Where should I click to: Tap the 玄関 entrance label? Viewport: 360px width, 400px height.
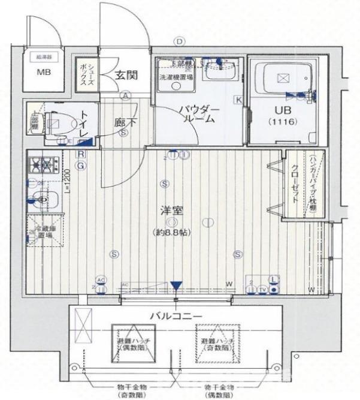(126, 75)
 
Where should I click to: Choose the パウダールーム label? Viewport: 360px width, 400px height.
(200, 114)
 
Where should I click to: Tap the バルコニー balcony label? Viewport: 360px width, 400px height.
(175, 315)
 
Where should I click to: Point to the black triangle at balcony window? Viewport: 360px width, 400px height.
(176, 286)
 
